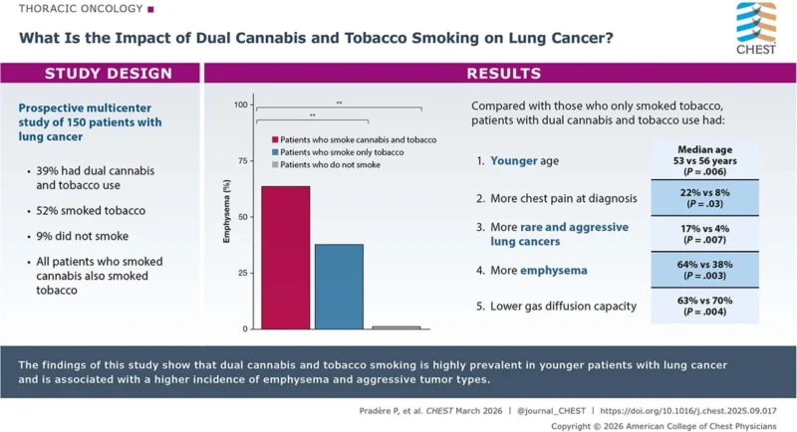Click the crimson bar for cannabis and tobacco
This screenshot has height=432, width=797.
(285, 257)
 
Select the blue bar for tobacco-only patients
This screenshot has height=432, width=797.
(339, 286)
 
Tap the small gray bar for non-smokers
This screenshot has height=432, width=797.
(396, 326)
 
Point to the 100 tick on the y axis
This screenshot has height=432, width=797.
(240, 105)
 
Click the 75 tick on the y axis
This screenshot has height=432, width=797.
(240, 160)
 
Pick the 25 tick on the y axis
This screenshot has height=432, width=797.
(240, 272)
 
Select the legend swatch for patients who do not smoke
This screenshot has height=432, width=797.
(275, 164)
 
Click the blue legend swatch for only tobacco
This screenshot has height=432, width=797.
(275, 152)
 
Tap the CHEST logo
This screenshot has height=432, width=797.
(755, 31)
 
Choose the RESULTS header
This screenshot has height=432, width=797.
(502, 74)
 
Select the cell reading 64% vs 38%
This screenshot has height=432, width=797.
(703, 270)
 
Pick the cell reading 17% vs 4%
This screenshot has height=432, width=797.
(703, 234)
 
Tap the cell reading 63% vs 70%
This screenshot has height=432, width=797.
(703, 306)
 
